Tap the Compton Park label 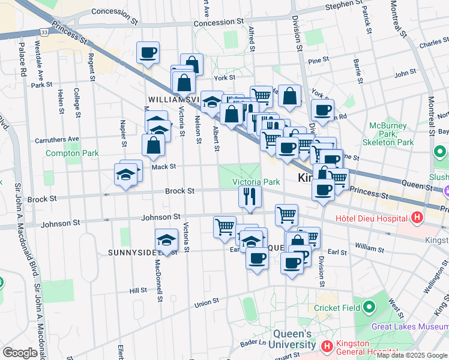72,153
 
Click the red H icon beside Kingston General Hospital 327,346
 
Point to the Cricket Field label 337,308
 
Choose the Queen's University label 294,339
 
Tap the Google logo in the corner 20,352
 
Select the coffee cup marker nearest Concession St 148,53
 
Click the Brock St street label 179,191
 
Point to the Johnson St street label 160,216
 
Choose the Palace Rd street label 23,59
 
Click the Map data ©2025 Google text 411,355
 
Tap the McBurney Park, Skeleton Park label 388,134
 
